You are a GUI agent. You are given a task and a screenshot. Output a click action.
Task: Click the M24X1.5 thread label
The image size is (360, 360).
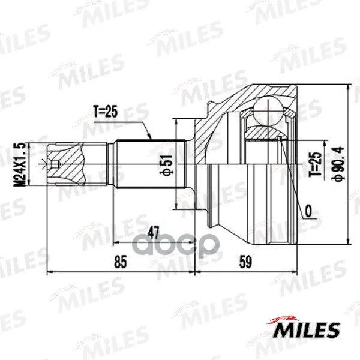tap(22, 164)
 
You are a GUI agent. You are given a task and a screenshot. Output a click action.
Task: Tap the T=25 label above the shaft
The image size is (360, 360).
tap(106, 112)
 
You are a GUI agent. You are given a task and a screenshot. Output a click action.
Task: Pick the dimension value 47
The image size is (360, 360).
tap(154, 232)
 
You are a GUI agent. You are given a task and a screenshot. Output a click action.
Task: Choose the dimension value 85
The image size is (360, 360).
tap(121, 262)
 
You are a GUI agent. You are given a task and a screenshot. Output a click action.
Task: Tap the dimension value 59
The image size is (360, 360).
tap(245, 262)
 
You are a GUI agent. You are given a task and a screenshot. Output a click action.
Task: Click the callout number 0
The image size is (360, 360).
tap(308, 211)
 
